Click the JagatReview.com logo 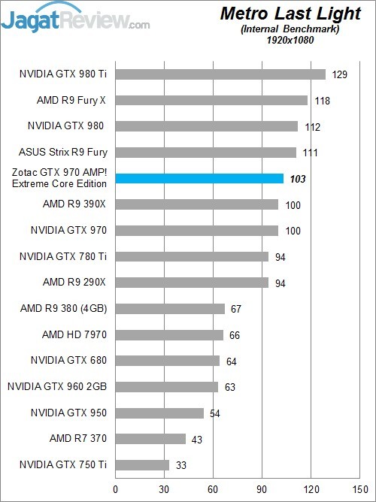(75, 18)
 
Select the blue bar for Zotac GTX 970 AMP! (199, 178)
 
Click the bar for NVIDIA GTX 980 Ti (220, 74)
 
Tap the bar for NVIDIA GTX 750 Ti (142, 464)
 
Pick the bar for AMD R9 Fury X (211, 100)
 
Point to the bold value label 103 (299, 179)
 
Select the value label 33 (182, 465)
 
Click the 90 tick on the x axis (261, 489)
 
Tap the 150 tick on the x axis (358, 489)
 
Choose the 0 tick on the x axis (115, 489)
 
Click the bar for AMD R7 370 (150, 438)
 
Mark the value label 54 (216, 413)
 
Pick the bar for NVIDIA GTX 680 (167, 361)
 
